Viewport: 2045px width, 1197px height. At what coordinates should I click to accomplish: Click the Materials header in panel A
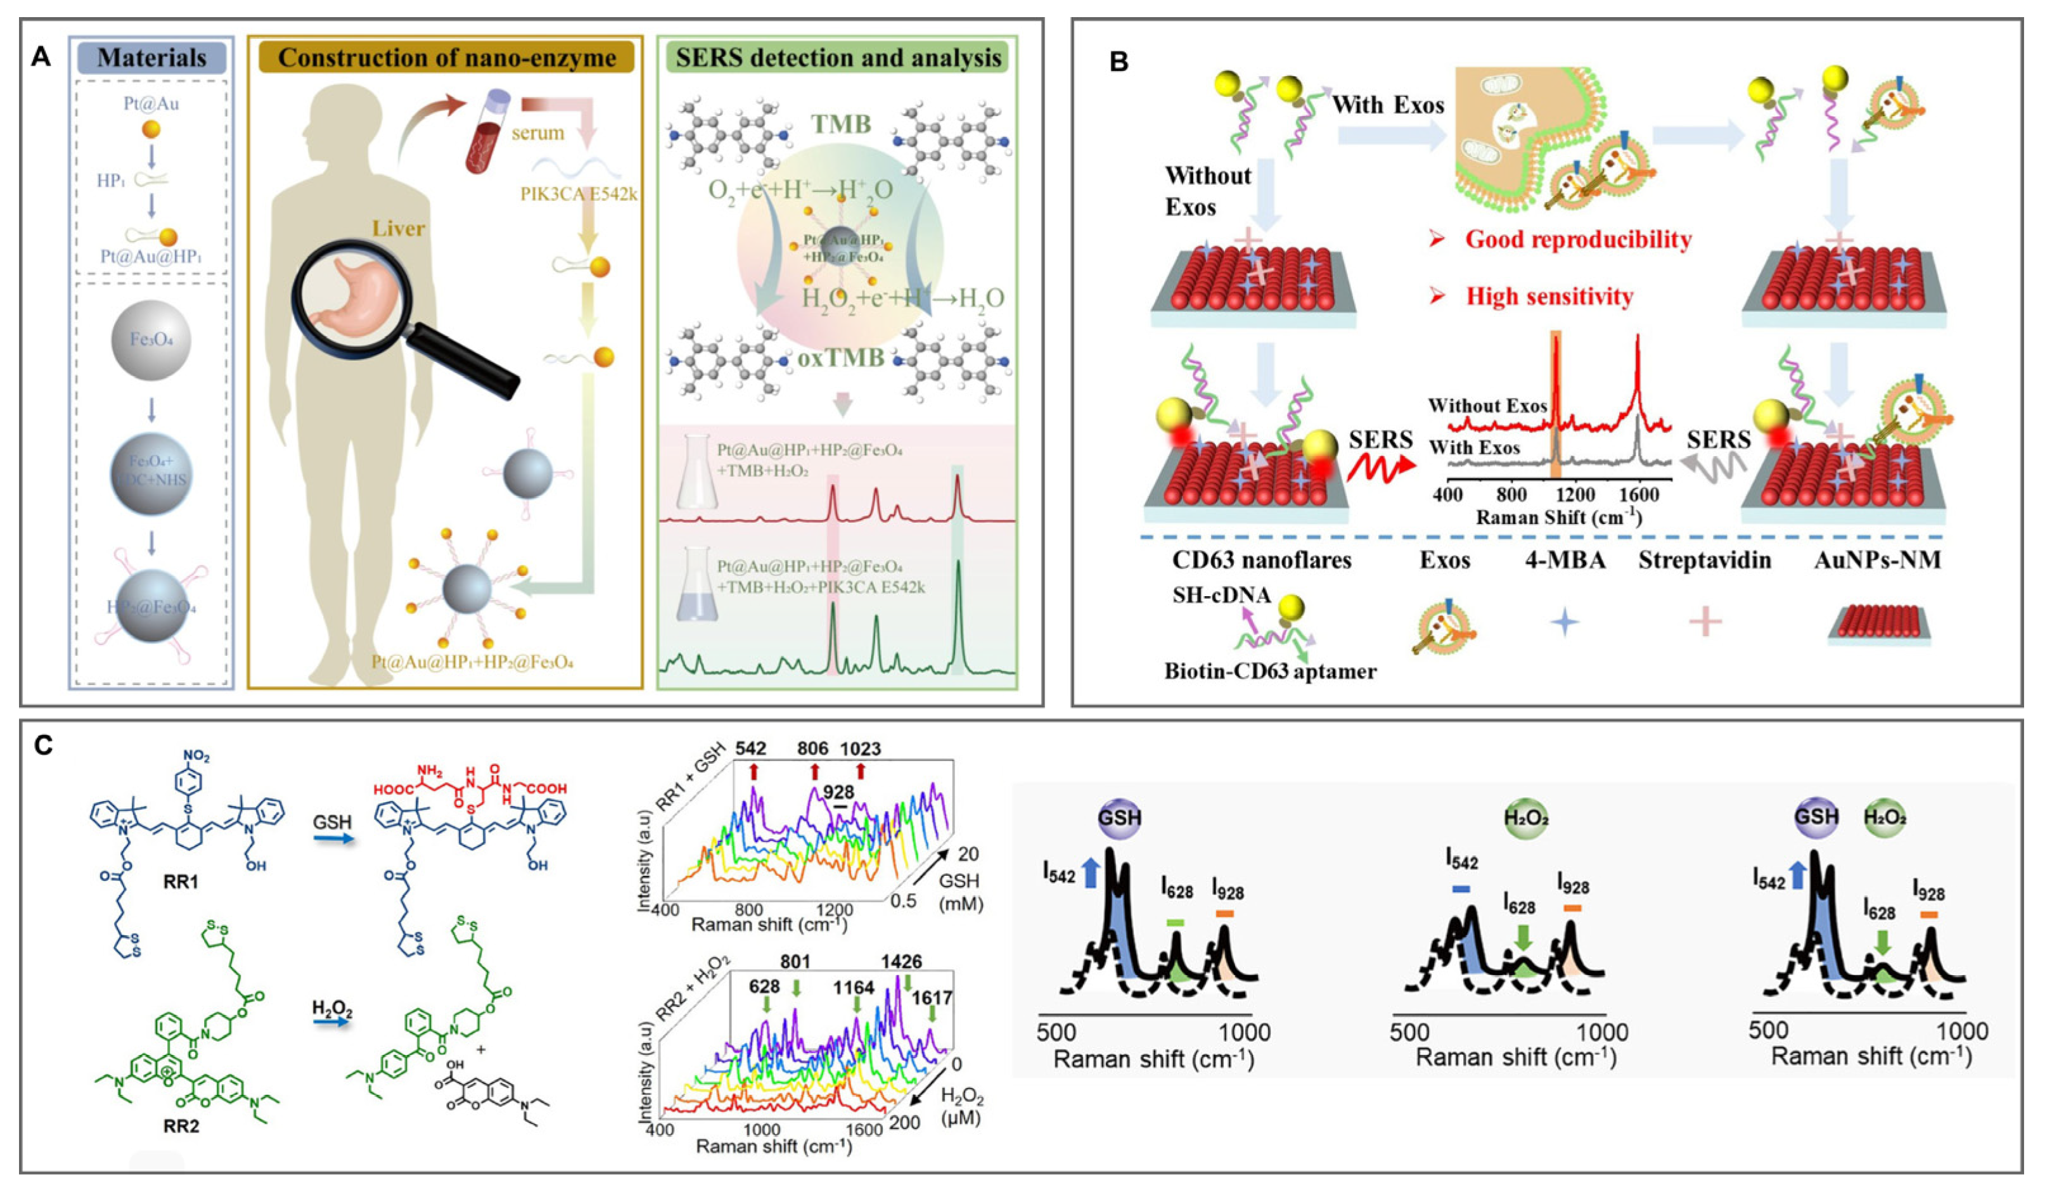(x=151, y=58)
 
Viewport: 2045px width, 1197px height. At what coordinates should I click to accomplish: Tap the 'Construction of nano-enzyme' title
(x=446, y=58)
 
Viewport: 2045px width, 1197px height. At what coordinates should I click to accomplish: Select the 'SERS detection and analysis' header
(x=838, y=58)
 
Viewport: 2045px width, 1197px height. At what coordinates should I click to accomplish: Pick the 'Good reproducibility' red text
(x=1579, y=240)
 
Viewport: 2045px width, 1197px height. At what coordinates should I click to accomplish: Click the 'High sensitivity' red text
(x=1549, y=297)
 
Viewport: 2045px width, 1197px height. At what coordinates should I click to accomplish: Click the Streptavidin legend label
(x=1704, y=560)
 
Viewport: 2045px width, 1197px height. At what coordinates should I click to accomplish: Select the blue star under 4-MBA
(x=1565, y=622)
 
